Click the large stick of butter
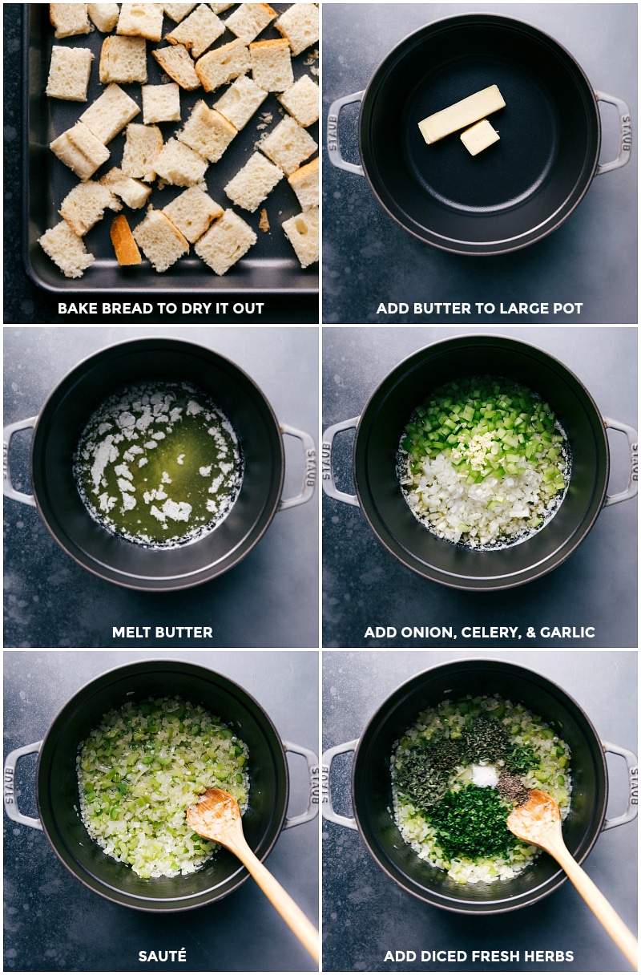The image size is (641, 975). point(462,114)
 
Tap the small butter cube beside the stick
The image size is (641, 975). point(480,136)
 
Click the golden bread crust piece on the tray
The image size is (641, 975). point(125,240)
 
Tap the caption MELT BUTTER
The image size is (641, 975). point(162,632)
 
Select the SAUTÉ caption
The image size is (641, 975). point(162,957)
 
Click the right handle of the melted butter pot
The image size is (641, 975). point(297,466)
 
